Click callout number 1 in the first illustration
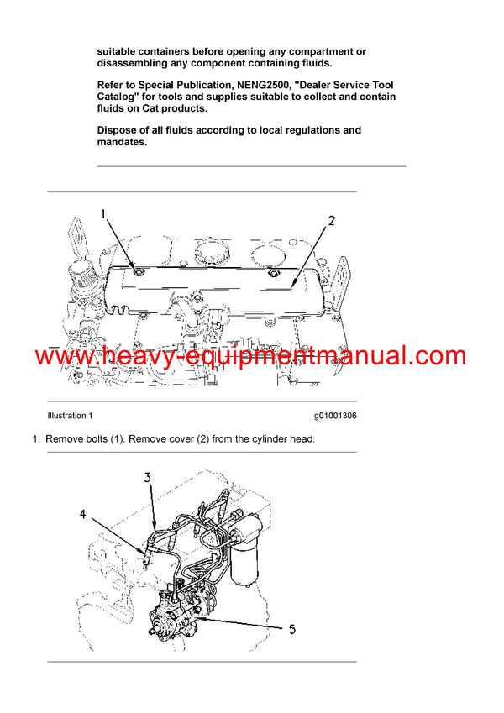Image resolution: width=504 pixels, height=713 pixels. tap(104, 214)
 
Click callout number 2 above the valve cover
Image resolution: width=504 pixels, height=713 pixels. tap(331, 221)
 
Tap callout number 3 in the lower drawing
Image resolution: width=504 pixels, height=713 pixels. tap(147, 477)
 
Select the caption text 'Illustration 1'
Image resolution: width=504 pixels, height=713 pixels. tap(70, 416)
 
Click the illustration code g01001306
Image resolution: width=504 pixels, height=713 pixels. tap(335, 416)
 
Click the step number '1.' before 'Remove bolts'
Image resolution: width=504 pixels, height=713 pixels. tap(36, 438)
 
